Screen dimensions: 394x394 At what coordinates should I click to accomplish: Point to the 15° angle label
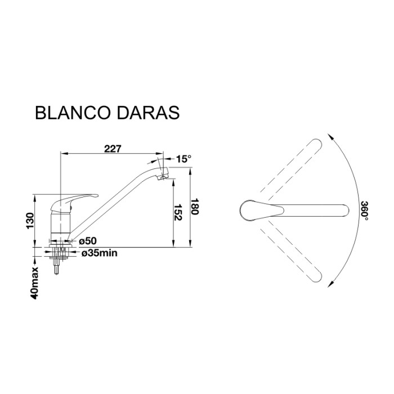[x=183, y=159]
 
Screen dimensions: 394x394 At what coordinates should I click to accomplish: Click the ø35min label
[x=100, y=254]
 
